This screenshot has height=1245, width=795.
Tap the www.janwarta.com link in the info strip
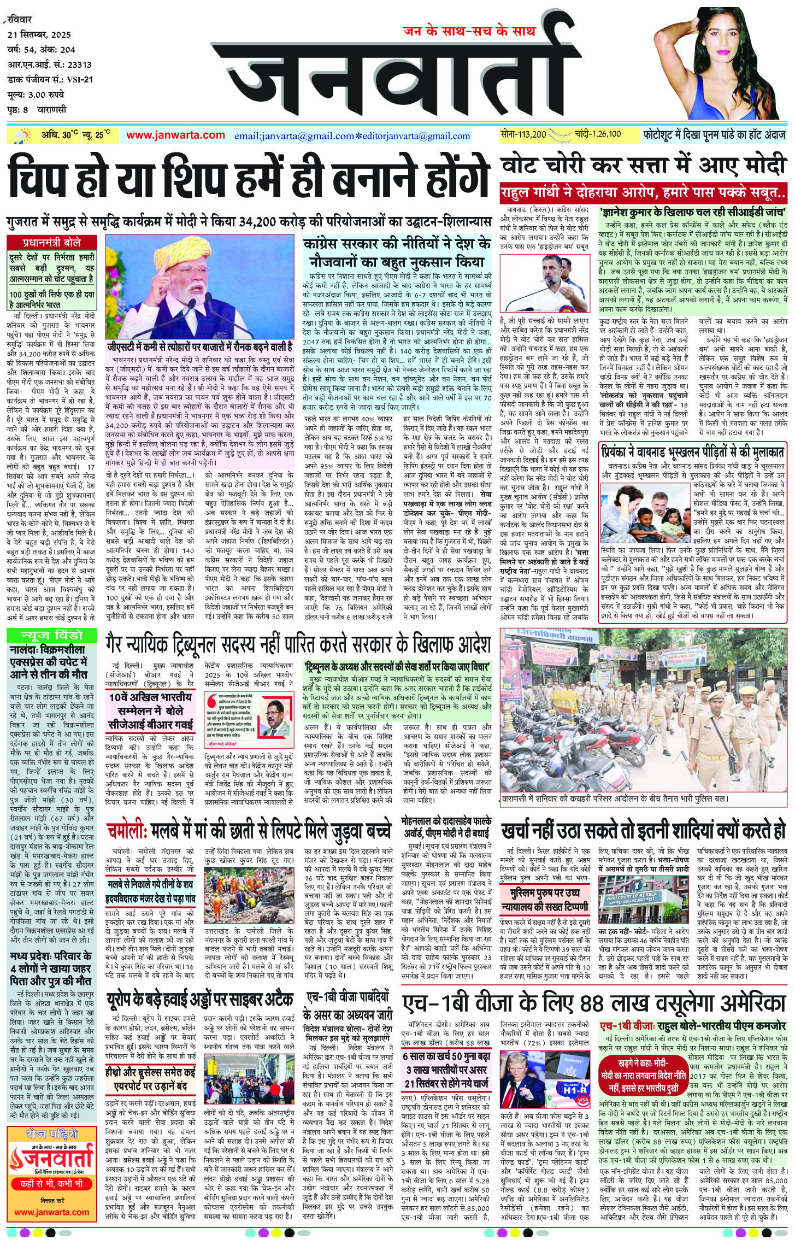(175, 135)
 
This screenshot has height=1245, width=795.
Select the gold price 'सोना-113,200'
(523, 134)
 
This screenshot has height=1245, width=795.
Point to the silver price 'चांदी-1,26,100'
(597, 134)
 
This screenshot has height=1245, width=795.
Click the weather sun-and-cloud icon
(23, 136)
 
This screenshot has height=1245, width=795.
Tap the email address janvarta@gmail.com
(294, 136)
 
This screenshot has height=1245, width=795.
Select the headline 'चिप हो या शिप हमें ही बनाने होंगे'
(249, 176)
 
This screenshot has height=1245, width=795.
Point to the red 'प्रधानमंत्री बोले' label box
(52, 242)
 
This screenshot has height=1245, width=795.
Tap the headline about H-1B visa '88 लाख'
(593, 1003)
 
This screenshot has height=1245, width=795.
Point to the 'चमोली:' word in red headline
(127, 831)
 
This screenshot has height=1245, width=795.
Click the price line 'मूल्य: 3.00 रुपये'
(36, 95)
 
